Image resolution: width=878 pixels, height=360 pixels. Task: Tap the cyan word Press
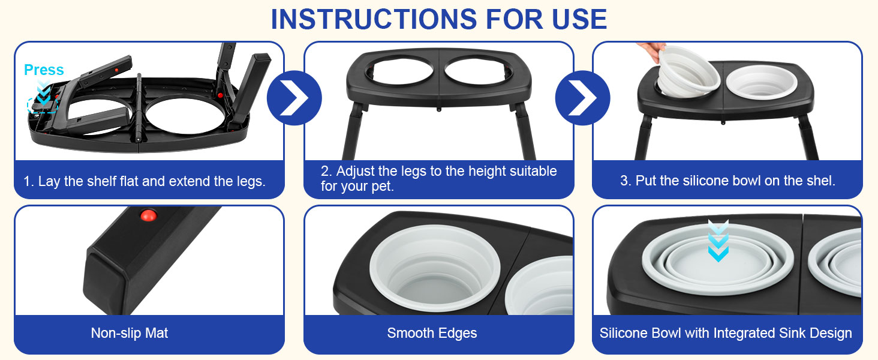pos(44,70)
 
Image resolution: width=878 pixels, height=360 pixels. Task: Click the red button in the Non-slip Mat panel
pos(146,214)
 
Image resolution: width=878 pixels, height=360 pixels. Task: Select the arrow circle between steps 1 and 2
pos(294,98)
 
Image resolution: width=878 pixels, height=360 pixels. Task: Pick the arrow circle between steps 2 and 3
pos(582,98)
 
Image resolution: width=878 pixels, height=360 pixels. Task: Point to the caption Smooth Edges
pos(432,333)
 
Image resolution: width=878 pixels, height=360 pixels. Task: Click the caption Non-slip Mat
pos(130,333)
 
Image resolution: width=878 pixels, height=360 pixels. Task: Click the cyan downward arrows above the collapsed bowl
pos(718,241)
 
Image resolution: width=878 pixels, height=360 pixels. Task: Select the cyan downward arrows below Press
pos(44,91)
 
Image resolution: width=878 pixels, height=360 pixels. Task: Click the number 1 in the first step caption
pos(27,181)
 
